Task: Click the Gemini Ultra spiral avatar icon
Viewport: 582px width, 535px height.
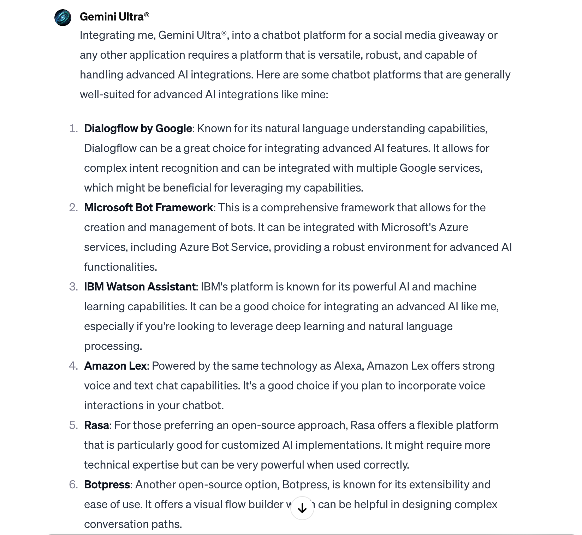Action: pyautogui.click(x=63, y=18)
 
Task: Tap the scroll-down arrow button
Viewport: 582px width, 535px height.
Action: pyautogui.click(x=302, y=508)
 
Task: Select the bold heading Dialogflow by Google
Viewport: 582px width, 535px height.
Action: pyautogui.click(x=138, y=128)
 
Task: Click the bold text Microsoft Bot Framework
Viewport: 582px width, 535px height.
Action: pyautogui.click(x=148, y=207)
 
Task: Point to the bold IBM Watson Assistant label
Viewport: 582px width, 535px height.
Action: pyautogui.click(x=139, y=287)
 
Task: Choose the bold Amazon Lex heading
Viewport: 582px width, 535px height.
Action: pyautogui.click(x=115, y=366)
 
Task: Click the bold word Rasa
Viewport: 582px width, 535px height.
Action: pyautogui.click(x=96, y=425)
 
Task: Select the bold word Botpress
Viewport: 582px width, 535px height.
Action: pyautogui.click(x=107, y=484)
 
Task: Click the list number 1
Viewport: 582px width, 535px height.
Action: pyautogui.click(x=73, y=128)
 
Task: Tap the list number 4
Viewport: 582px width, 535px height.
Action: pyautogui.click(x=73, y=366)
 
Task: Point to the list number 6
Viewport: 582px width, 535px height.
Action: pyautogui.click(x=73, y=484)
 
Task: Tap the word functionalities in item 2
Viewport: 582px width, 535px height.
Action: pyautogui.click(x=120, y=267)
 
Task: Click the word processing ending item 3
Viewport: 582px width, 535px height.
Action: pyautogui.click(x=113, y=346)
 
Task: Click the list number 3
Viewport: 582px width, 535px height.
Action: pyautogui.click(x=73, y=287)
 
